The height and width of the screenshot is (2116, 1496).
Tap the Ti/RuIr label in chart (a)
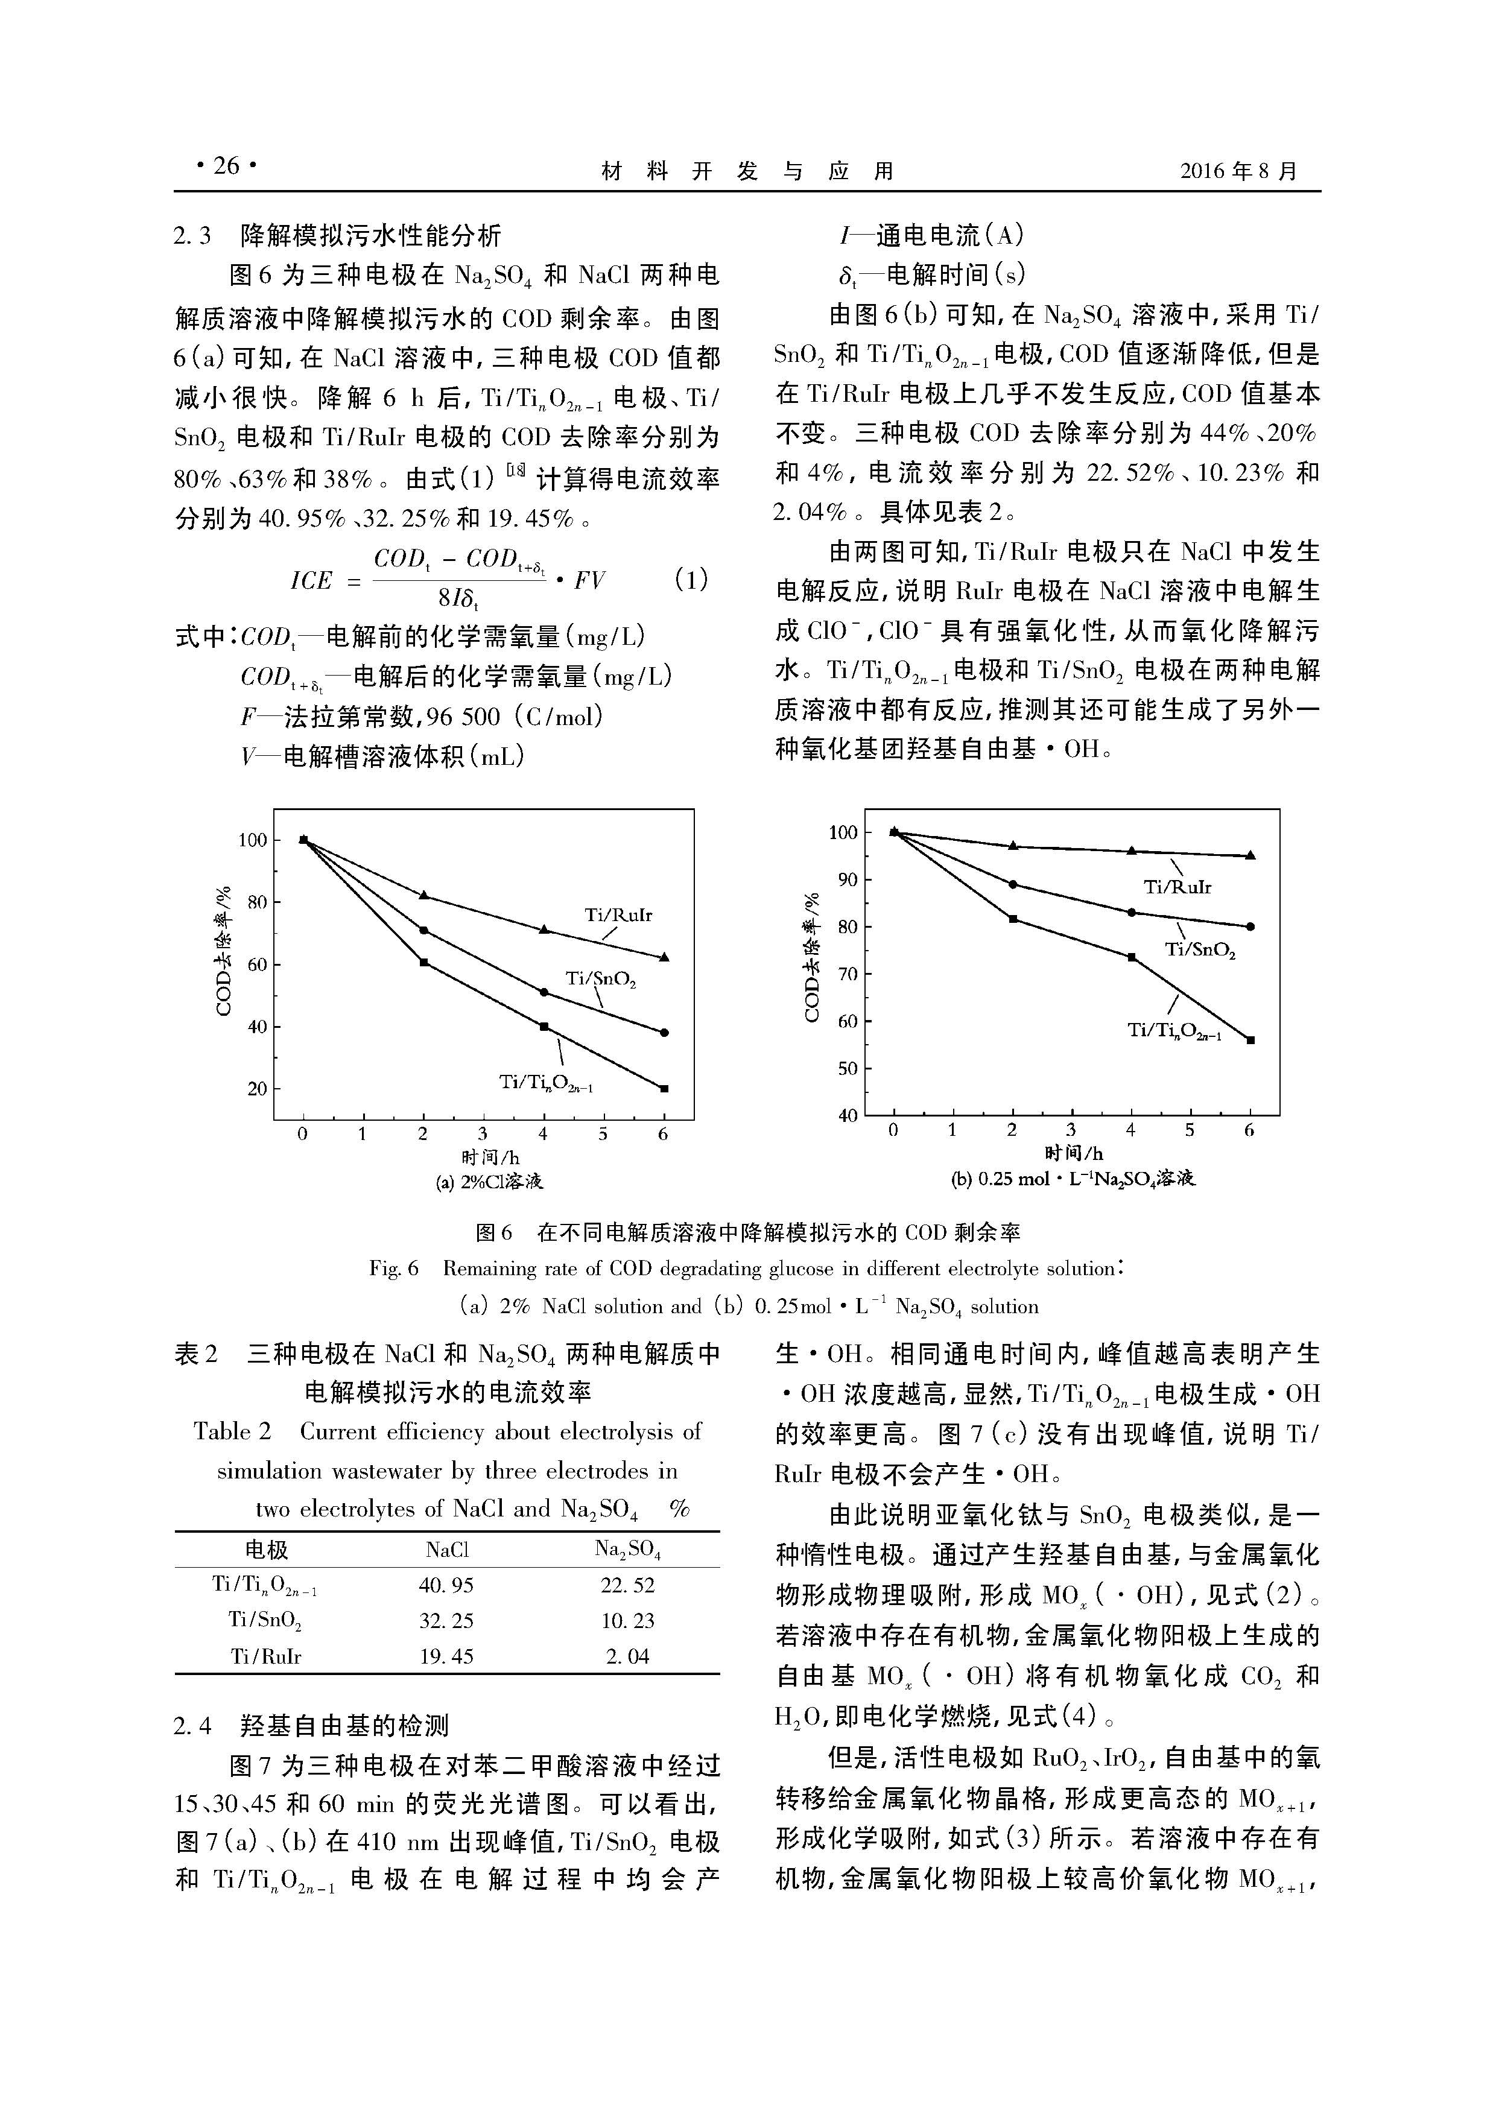(x=618, y=915)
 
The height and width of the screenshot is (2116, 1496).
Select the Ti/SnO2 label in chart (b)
(x=1199, y=949)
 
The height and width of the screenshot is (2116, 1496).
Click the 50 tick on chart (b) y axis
(x=846, y=1068)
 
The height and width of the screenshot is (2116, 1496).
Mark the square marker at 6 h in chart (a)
(x=664, y=1088)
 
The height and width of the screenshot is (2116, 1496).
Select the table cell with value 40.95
(x=446, y=1585)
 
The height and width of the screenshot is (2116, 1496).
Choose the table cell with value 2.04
(x=627, y=1656)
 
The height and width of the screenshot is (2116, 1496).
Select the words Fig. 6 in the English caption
(x=393, y=1269)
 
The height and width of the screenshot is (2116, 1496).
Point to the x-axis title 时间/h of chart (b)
(x=1073, y=1153)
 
